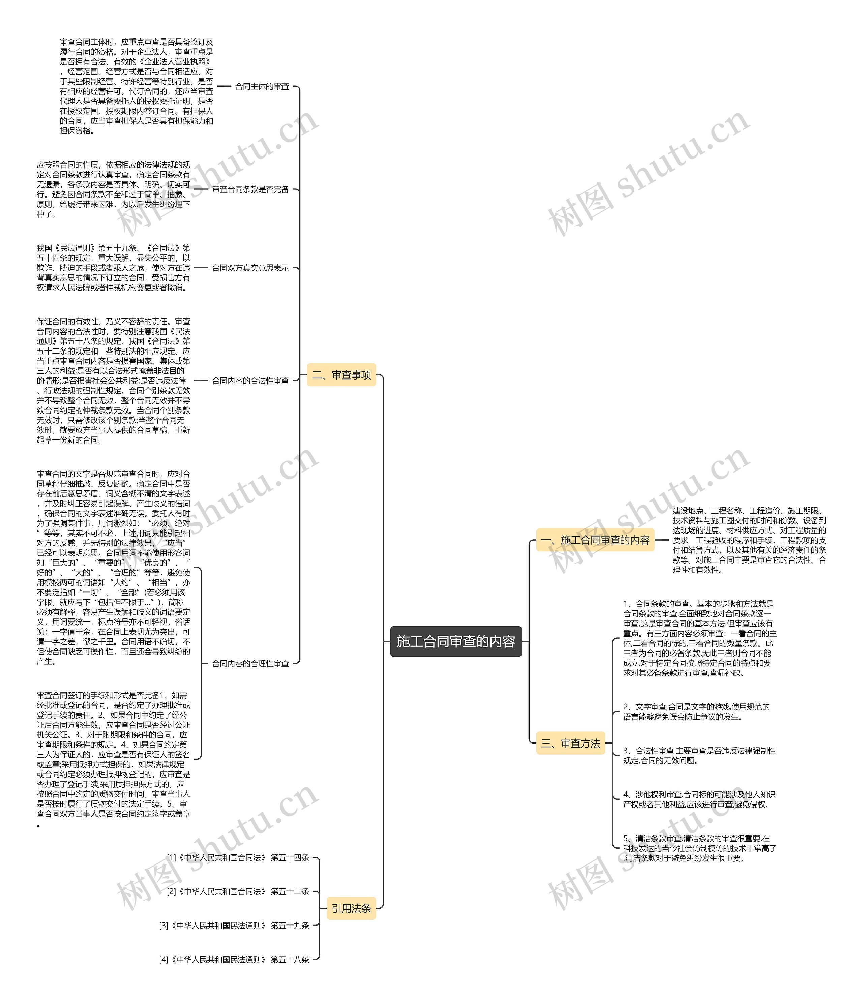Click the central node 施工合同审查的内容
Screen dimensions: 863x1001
(x=456, y=641)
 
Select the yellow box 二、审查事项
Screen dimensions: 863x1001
(x=341, y=375)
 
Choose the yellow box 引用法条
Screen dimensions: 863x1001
(x=351, y=908)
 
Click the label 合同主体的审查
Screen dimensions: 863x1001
(x=262, y=87)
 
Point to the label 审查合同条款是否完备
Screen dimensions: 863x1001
(x=250, y=189)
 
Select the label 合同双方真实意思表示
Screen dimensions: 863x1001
(x=250, y=268)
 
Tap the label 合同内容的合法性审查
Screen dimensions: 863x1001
(x=250, y=381)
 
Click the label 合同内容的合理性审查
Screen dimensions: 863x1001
(x=250, y=663)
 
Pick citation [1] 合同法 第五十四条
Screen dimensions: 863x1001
(x=238, y=857)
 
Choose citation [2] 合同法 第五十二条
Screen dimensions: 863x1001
(x=238, y=891)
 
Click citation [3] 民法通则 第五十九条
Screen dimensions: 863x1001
(x=234, y=926)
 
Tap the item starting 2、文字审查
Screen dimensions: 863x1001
(x=696, y=711)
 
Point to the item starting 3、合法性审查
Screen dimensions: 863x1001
(x=699, y=756)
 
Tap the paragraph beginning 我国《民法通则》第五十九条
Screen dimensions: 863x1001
(x=114, y=268)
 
